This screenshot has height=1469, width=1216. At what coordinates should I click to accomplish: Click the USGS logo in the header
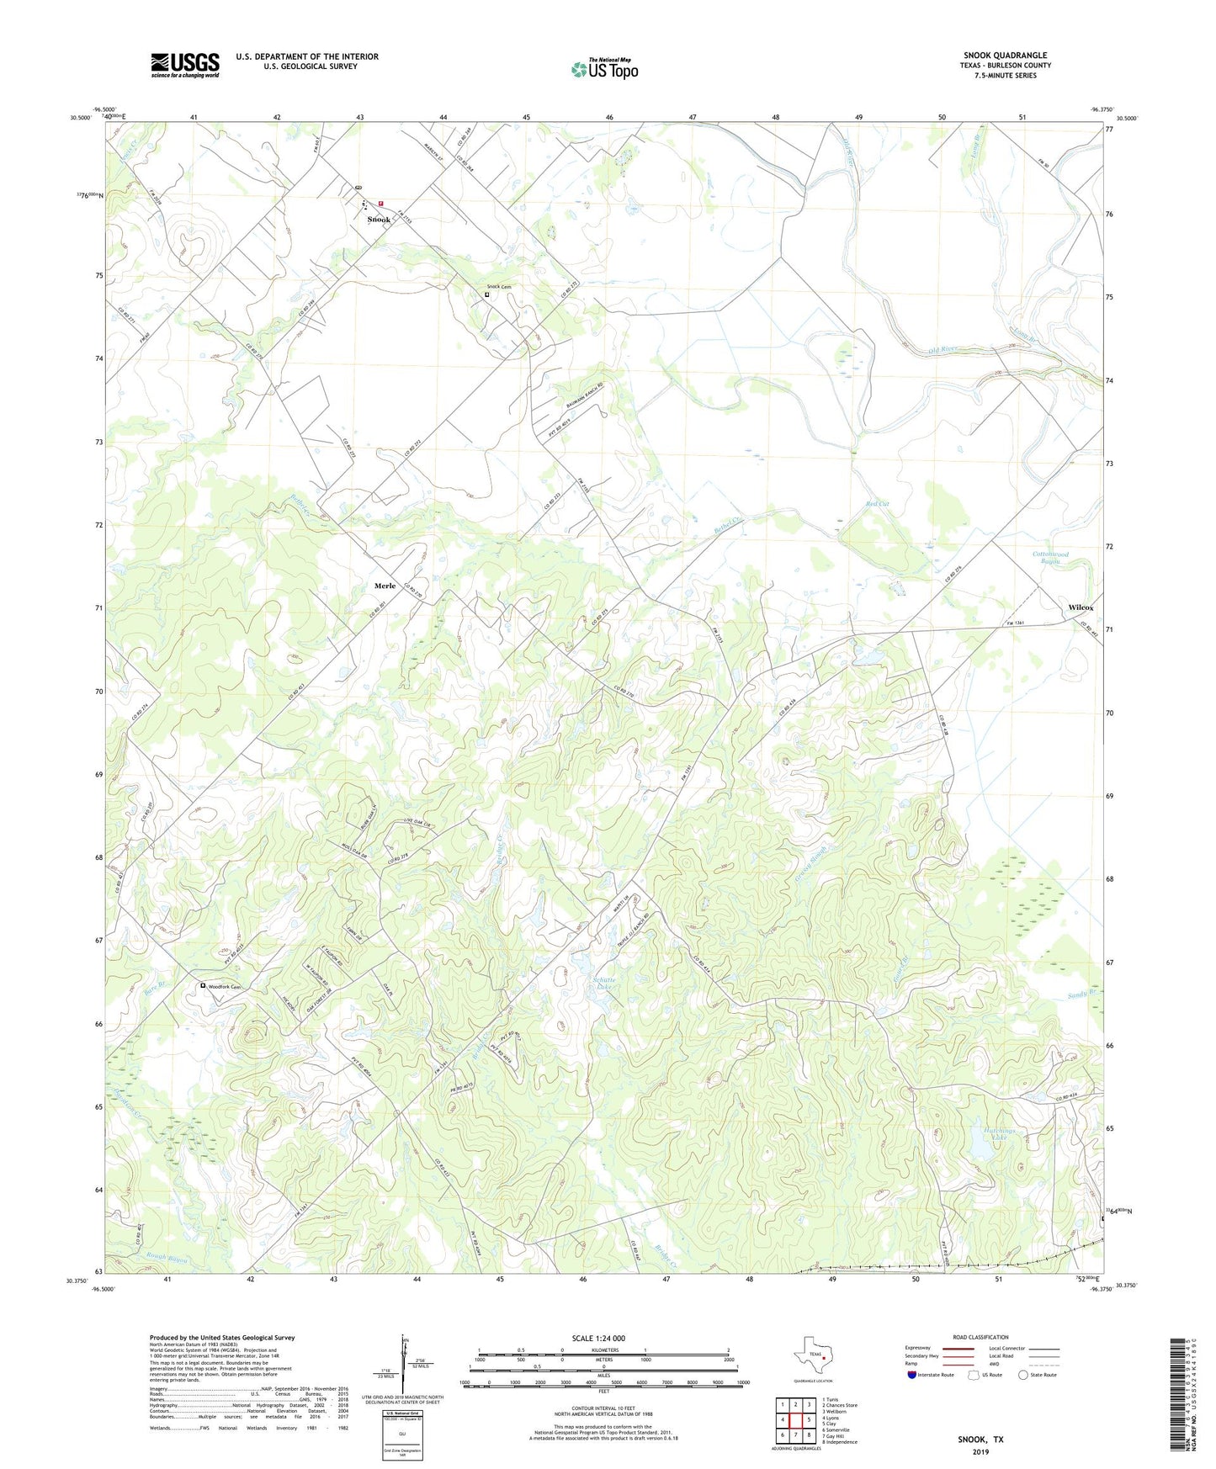[184, 65]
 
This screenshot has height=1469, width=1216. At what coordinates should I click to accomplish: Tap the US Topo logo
[604, 69]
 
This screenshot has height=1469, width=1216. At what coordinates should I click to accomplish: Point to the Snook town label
[379, 220]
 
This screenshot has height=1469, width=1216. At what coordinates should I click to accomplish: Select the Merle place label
[385, 586]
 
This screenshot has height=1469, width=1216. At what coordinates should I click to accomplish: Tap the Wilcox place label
[1081, 607]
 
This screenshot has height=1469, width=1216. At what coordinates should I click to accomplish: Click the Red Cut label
[877, 504]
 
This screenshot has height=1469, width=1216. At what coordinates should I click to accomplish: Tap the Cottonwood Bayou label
[1050, 558]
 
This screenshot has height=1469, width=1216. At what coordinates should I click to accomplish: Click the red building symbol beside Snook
[380, 203]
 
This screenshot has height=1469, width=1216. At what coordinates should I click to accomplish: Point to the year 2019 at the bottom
[980, 1451]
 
